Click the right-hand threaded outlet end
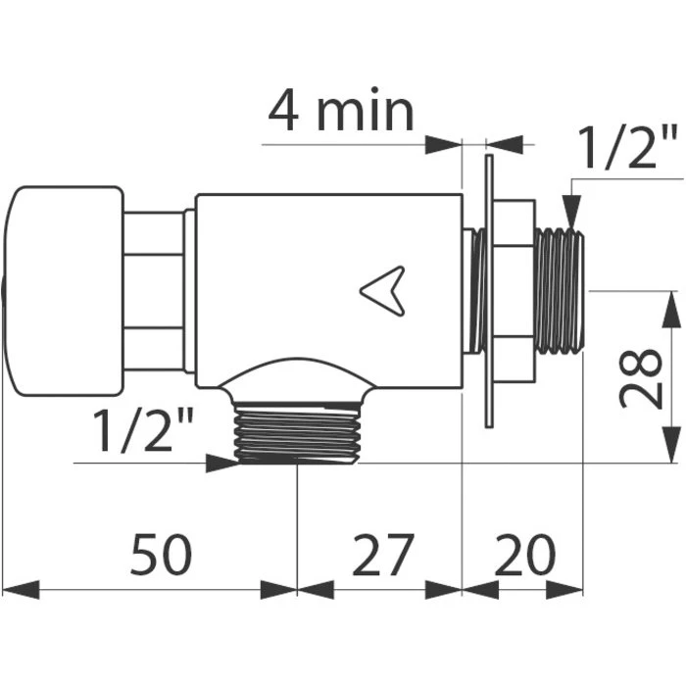(x=562, y=290)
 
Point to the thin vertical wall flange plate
(x=487, y=291)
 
